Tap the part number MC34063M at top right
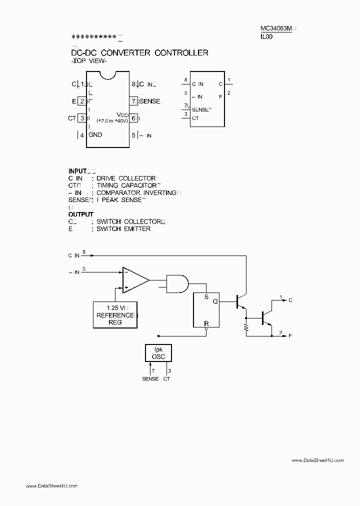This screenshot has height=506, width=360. click(x=276, y=28)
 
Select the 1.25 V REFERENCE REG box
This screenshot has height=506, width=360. click(x=116, y=315)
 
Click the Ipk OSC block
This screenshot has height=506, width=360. click(x=158, y=353)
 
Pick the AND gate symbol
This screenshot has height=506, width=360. click(x=176, y=283)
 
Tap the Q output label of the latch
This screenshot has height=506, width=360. click(x=215, y=301)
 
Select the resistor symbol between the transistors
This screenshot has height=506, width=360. click(x=246, y=327)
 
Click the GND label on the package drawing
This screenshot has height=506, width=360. click(x=95, y=135)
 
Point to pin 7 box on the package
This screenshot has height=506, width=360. click(x=133, y=101)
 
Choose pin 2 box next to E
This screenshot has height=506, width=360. click(x=81, y=101)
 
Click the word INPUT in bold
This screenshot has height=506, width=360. click(x=77, y=170)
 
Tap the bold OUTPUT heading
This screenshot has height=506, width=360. click(x=81, y=214)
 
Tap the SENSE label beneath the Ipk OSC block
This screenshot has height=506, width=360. click(x=150, y=378)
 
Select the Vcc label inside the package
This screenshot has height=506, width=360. click(x=122, y=114)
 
